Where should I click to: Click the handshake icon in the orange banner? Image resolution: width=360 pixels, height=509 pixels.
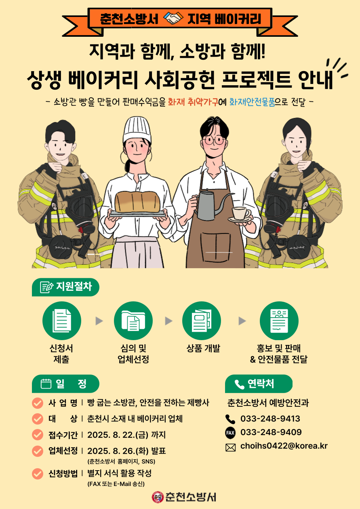tap(173, 19)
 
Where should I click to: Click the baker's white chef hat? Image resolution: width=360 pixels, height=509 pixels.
tap(137, 130)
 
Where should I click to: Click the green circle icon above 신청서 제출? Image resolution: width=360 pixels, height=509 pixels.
tap(62, 321)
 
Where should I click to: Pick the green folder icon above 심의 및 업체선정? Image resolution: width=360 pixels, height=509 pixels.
tap(133, 321)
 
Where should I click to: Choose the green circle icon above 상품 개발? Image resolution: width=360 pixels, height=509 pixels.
tap(202, 321)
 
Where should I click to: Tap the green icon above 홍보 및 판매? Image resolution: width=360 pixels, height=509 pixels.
tap(279, 321)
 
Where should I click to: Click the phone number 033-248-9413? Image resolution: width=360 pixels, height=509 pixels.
tap(270, 419)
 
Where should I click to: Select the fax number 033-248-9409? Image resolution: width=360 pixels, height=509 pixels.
tap(271, 432)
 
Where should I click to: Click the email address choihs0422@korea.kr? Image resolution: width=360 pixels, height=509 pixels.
tap(284, 446)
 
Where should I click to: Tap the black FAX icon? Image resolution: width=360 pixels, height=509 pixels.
tap(230, 433)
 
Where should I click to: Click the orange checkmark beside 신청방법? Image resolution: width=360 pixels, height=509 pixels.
tap(38, 473)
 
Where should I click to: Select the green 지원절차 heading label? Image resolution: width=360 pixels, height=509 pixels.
tap(65, 287)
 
